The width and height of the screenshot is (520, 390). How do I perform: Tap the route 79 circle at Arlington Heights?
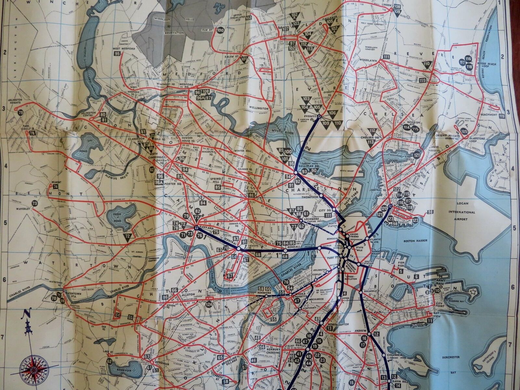(21, 112)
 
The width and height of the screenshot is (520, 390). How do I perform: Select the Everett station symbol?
(320, 117)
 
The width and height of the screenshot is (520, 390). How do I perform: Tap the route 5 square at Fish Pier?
(401, 271)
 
